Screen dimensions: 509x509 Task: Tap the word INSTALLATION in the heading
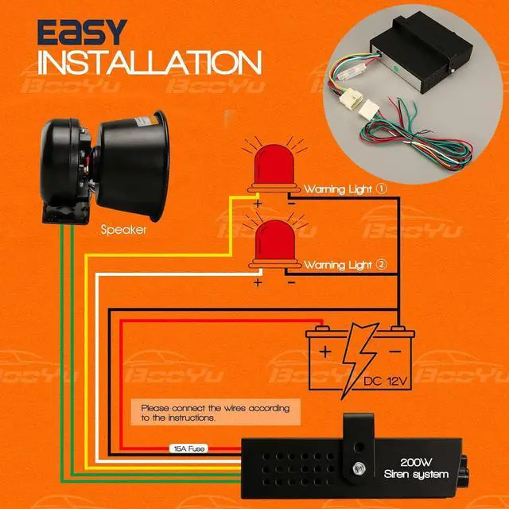149,62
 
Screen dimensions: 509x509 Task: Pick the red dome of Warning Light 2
271,242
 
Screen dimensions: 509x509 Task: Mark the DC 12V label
386,383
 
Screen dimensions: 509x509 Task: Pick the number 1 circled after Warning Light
382,190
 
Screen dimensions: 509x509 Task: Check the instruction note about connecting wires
214,411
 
